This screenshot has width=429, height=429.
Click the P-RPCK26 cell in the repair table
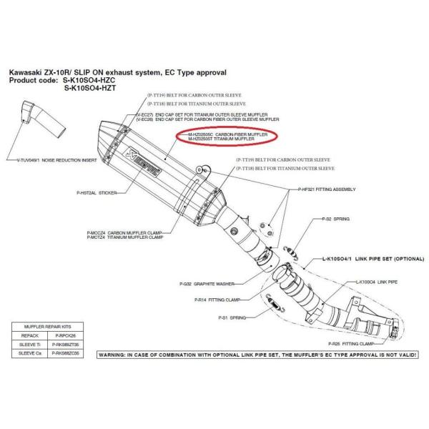coord(75,333)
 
